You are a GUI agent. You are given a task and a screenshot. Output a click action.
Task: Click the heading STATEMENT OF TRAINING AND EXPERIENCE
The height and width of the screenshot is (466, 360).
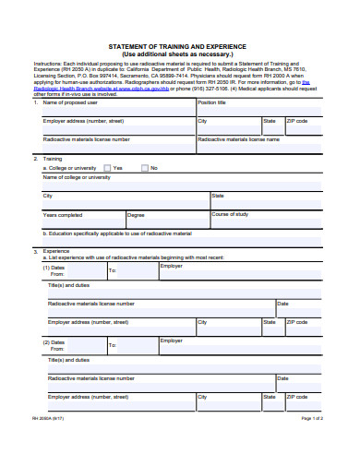(x=179, y=46)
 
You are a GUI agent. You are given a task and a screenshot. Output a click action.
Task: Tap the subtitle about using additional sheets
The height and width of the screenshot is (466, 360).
(x=179, y=54)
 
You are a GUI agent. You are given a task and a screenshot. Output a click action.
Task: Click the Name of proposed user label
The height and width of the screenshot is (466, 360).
(x=70, y=102)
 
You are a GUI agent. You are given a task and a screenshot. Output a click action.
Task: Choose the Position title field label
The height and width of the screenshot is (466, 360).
(x=211, y=102)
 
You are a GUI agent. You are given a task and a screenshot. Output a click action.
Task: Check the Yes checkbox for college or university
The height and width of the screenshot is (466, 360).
(x=107, y=168)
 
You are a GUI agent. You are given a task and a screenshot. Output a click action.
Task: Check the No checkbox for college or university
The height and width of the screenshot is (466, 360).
(x=144, y=168)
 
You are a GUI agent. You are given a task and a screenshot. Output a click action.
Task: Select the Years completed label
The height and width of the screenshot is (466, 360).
(x=63, y=215)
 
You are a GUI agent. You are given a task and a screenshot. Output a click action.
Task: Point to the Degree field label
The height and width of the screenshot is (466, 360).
(x=136, y=215)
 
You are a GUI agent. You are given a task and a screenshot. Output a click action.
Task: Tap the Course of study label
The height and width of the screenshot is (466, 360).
(x=230, y=214)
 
